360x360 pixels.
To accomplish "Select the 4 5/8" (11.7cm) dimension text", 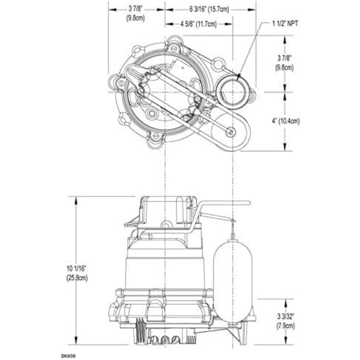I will pyautogui.click(x=198, y=24).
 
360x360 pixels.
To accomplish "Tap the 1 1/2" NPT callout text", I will pyautogui.click(x=285, y=24).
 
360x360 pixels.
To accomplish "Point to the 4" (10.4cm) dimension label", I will pyautogui.click(x=286, y=121).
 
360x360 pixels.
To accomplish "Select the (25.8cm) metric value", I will pyautogui.click(x=77, y=278).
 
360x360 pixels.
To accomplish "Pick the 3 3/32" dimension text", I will pyautogui.click(x=286, y=317).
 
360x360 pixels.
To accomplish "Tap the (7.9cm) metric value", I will pyautogui.click(x=286, y=326).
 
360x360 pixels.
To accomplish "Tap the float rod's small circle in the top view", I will pyautogui.click(x=229, y=132).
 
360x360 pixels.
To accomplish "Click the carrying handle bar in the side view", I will pyautogui.click(x=223, y=203).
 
